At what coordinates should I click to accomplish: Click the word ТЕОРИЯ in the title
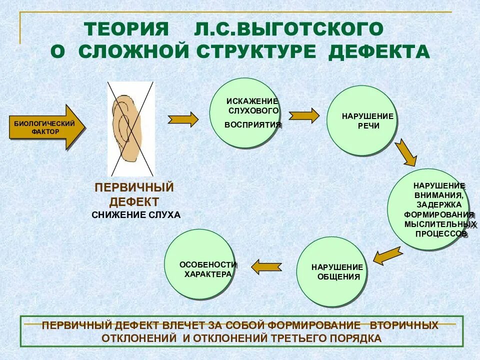pos(127,29)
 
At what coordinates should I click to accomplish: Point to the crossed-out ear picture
pos(131,128)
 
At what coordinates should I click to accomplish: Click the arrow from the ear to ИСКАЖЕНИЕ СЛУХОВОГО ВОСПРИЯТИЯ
pos(183,119)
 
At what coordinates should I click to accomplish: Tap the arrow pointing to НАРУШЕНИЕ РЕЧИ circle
pos(304,115)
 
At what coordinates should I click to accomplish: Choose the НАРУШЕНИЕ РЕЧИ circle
pos(361,120)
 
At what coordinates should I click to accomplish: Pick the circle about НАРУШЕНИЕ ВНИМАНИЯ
pos(429,209)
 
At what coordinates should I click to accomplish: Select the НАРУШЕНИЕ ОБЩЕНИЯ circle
pos(331,272)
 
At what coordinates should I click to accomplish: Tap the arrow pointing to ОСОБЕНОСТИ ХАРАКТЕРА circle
pos(266,267)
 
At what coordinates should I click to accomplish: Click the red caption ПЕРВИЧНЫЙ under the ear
pos(134,188)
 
